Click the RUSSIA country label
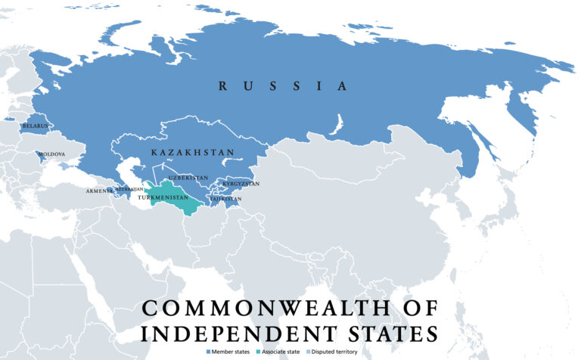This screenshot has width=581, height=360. coord(283,86)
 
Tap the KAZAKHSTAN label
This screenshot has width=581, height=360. coord(192,153)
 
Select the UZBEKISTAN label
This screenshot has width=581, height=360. coord(188,178)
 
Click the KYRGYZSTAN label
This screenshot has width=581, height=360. coord(241,184)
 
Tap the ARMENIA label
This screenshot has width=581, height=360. coord(99,191)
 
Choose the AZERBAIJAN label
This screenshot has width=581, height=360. coord(129,188)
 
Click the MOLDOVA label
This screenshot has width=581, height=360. coord(51,154)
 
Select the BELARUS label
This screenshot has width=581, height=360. coord(36,126)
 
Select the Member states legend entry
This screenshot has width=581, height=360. coord(228,352)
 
